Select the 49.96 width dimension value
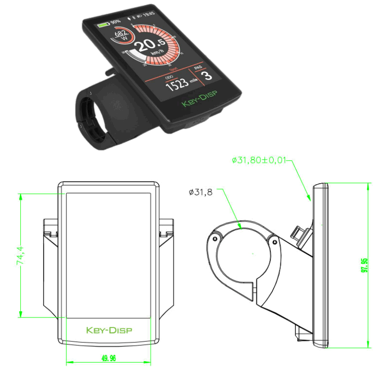pos(108,358)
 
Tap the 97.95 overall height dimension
pos(365,265)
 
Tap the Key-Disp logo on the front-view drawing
pos(109,330)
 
